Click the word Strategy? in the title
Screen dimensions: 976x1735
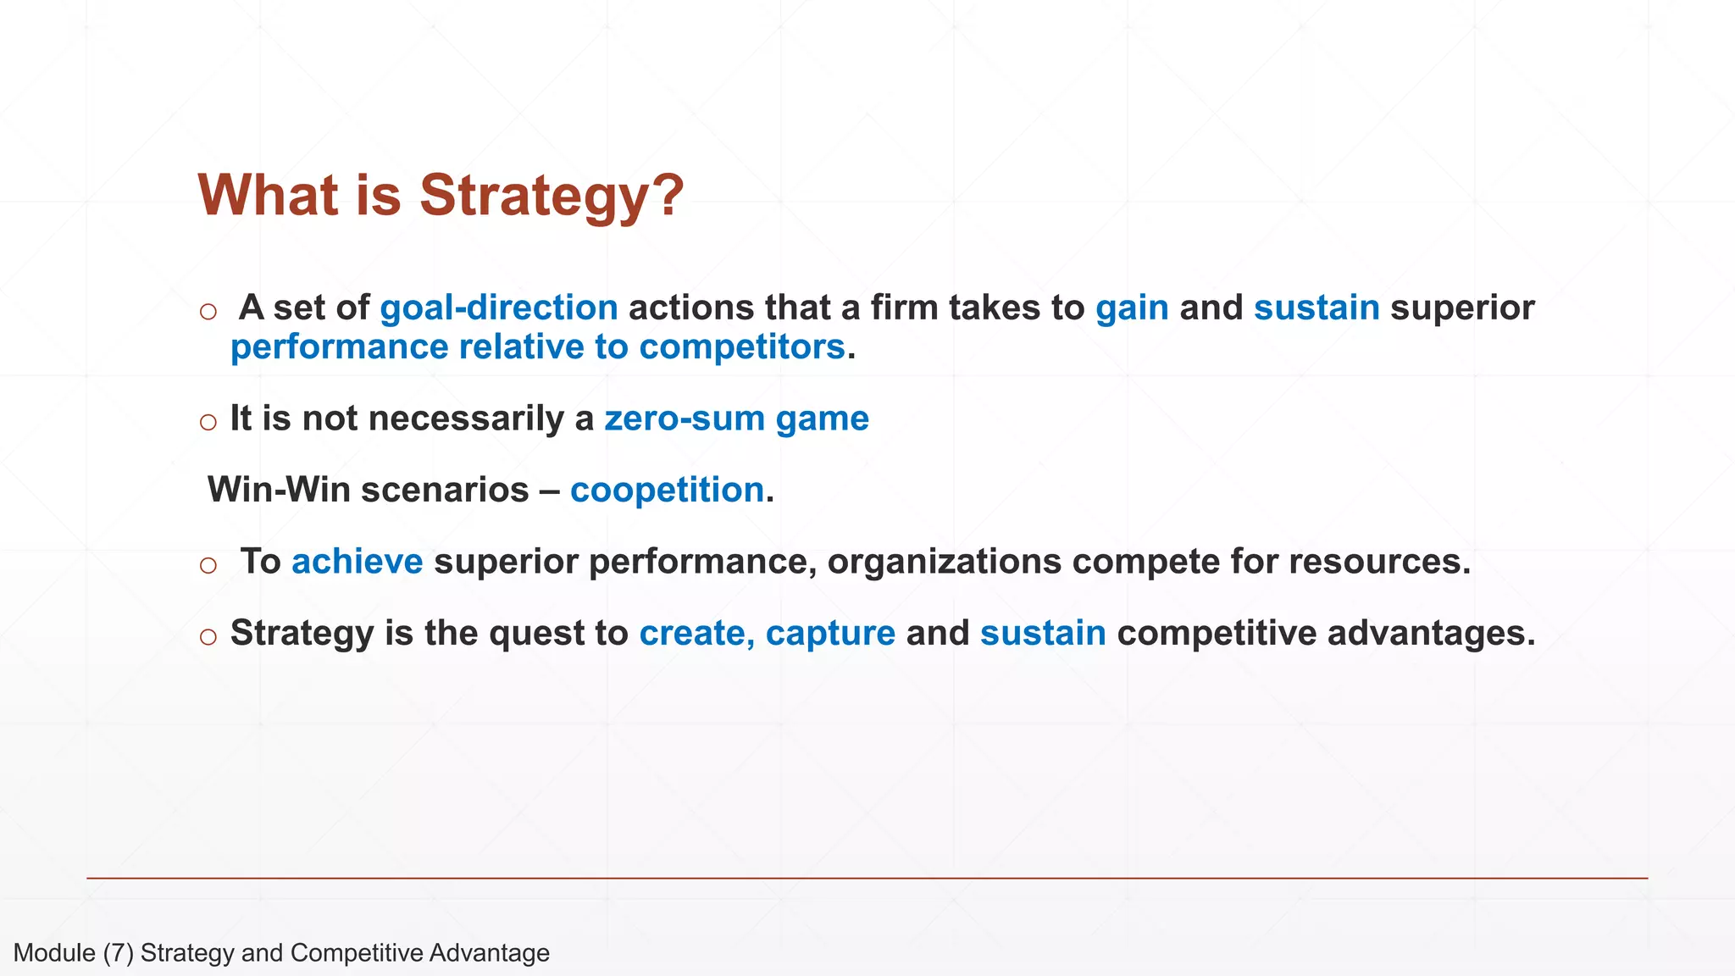point(552,196)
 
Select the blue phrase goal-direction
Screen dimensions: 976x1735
point(499,308)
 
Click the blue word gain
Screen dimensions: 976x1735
point(1132,308)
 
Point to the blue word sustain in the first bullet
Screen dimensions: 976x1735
point(1316,308)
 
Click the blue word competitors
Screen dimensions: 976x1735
point(741,347)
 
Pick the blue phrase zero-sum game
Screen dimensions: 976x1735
point(736,419)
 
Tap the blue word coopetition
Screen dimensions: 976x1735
point(667,490)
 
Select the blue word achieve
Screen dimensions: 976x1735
point(357,562)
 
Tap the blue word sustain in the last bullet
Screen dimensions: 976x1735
point(1043,633)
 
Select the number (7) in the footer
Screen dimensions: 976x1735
point(119,953)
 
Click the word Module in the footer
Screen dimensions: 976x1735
point(54,953)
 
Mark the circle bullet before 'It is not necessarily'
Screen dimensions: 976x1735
point(208,422)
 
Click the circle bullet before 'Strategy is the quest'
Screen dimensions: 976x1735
point(208,636)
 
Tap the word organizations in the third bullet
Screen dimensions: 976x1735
point(944,563)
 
